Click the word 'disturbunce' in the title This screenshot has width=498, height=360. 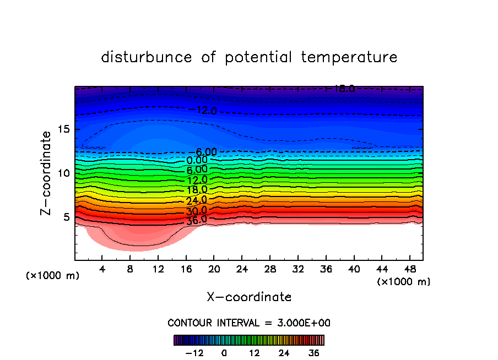click(x=146, y=57)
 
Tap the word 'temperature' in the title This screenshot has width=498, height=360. click(x=349, y=57)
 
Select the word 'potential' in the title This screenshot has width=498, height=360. click(x=258, y=57)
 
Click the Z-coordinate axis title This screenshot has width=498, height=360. click(x=47, y=173)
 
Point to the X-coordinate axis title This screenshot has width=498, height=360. click(x=249, y=297)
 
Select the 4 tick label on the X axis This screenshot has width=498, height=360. click(x=102, y=269)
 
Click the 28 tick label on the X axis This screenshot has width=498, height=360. click(x=269, y=269)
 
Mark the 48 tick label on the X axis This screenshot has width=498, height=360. click(x=409, y=269)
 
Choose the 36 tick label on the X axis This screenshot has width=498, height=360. click(x=325, y=269)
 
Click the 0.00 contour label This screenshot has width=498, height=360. click(x=197, y=160)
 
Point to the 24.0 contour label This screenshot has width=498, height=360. click(x=197, y=200)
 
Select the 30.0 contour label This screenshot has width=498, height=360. click(x=197, y=210)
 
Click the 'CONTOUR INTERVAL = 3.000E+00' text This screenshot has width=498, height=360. click(x=249, y=323)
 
